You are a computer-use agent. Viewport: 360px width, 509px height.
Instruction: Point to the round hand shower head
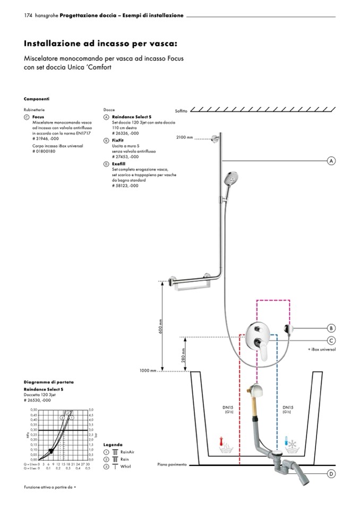click(x=232, y=179)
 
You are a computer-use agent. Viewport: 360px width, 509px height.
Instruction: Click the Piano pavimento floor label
click(x=172, y=464)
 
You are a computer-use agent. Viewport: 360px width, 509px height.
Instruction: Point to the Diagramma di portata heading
click(x=49, y=382)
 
